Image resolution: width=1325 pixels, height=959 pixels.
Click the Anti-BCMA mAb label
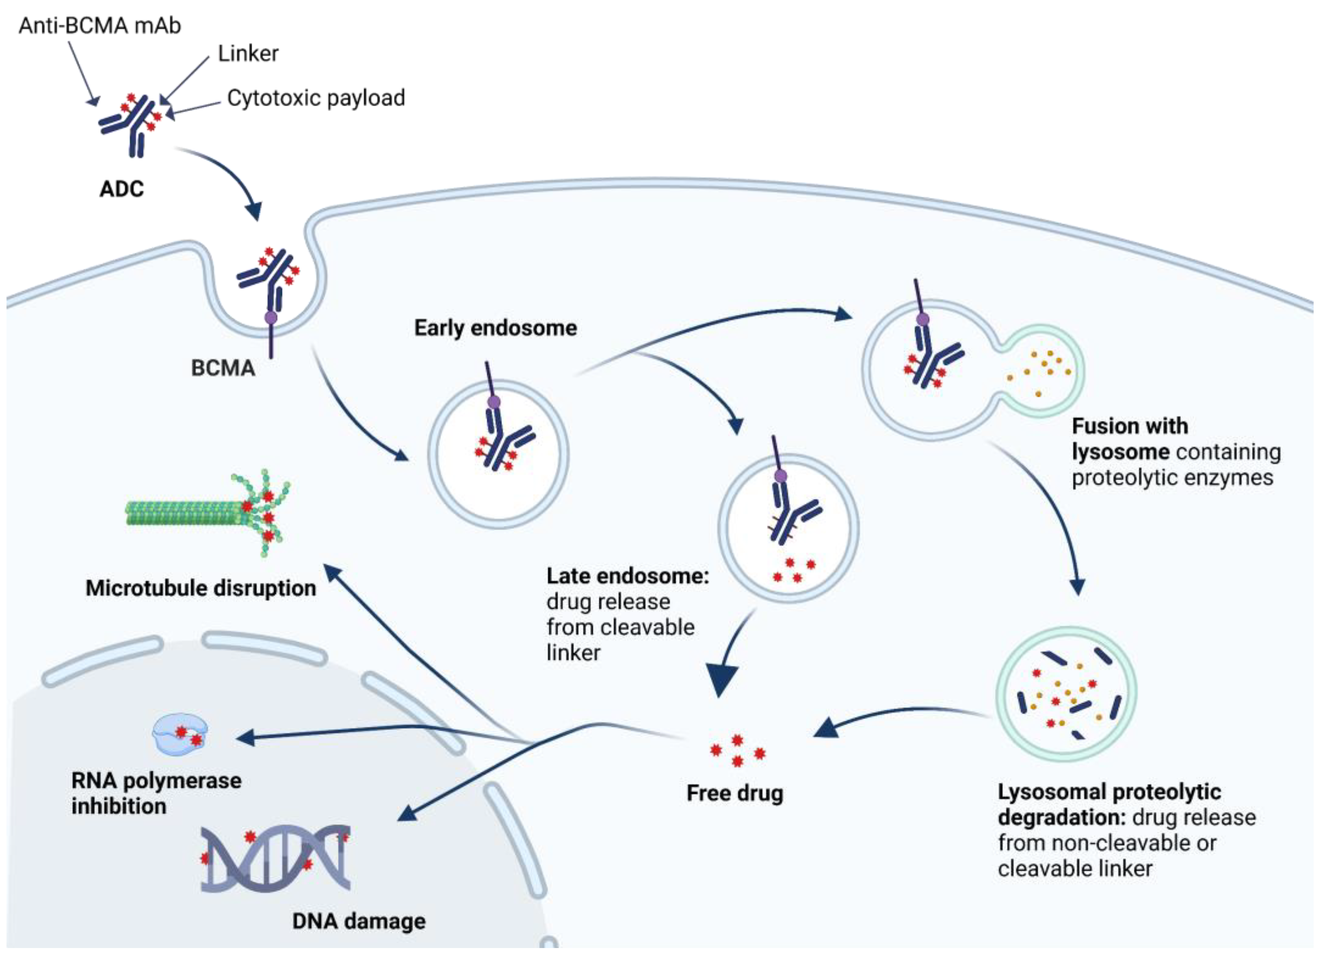click(100, 26)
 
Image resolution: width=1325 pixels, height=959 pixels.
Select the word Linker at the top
click(248, 54)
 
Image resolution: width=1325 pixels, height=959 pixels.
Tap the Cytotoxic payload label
click(316, 97)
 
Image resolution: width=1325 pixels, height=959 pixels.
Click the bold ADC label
click(121, 189)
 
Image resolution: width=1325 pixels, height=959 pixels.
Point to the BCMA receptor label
click(223, 368)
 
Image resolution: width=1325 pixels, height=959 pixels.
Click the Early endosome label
click(496, 328)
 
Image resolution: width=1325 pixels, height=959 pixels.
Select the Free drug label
click(734, 793)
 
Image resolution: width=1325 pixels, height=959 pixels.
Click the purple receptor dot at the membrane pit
click(271, 318)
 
